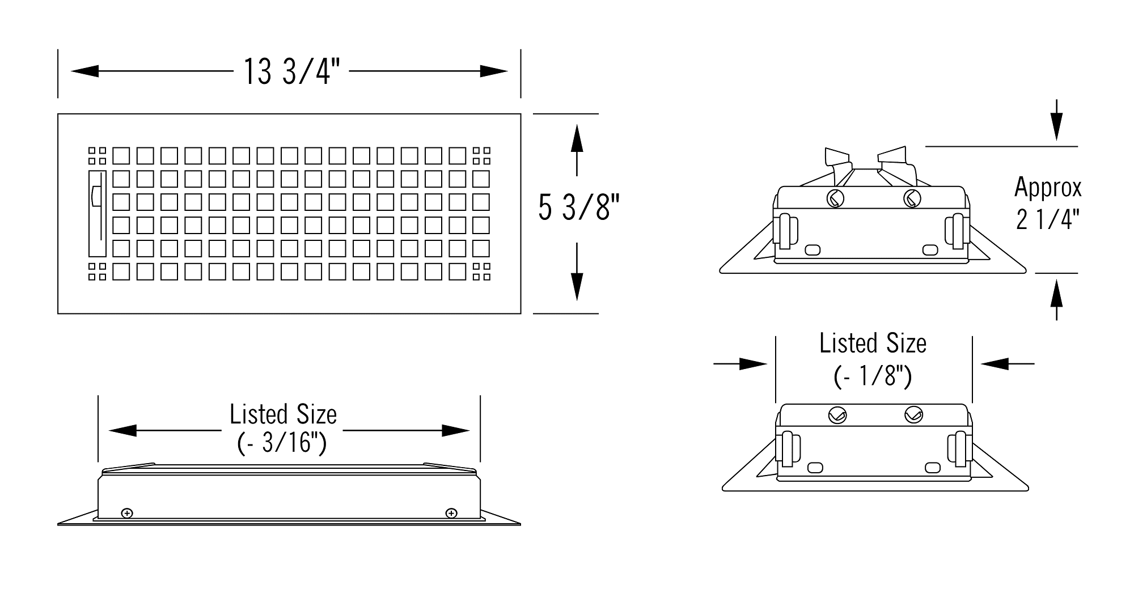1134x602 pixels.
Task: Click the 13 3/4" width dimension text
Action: (x=292, y=72)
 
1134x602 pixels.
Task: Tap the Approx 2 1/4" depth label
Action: (x=1048, y=204)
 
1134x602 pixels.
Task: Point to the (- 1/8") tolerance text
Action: (x=873, y=376)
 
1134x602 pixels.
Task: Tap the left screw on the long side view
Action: (x=128, y=514)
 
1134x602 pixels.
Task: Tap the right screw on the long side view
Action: (x=451, y=514)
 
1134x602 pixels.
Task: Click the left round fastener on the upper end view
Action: (x=835, y=199)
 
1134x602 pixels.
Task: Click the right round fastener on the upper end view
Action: (x=912, y=199)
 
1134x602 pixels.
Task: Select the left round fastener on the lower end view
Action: (x=837, y=416)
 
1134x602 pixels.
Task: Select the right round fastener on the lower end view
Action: (x=913, y=416)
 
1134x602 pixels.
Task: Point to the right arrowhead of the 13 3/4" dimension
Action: (x=493, y=71)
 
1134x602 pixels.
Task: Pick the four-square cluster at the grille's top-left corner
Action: (x=97, y=156)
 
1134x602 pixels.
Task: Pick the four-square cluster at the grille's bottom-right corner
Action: (x=482, y=272)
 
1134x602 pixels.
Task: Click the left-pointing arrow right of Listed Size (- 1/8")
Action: (x=1007, y=363)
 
